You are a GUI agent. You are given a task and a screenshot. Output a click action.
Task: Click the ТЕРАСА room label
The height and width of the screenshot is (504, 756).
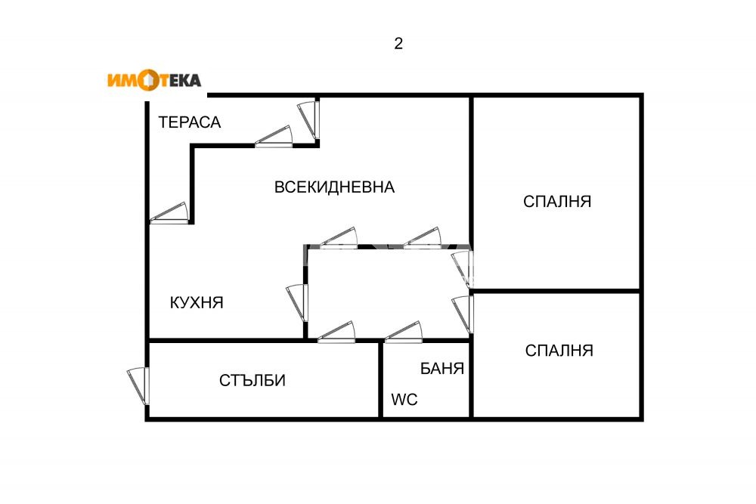[190, 122]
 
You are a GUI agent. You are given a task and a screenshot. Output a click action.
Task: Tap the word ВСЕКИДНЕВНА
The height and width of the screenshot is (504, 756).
[334, 187]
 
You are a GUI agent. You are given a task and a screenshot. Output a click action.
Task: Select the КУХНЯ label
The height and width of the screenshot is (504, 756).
[197, 302]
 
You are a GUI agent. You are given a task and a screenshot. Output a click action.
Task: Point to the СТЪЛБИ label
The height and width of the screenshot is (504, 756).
[253, 380]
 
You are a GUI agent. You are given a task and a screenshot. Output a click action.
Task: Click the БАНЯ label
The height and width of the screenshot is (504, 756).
[442, 369]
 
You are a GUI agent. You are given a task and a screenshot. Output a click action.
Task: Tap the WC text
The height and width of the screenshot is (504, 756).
[404, 400]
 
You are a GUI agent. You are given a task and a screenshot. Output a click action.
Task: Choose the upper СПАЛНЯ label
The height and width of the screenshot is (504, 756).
[557, 202]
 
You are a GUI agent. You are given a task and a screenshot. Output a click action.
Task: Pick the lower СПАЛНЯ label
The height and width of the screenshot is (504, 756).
[559, 351]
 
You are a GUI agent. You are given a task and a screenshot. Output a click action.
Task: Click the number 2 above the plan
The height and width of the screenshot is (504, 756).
[398, 44]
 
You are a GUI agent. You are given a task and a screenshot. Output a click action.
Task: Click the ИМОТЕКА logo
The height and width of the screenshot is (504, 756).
[153, 80]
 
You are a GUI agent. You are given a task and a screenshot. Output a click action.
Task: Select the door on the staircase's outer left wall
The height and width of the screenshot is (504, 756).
[139, 385]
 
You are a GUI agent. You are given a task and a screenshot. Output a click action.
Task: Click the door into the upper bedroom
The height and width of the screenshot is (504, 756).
[462, 269]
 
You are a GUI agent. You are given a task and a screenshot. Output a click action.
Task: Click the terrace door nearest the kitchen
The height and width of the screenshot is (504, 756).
[169, 214]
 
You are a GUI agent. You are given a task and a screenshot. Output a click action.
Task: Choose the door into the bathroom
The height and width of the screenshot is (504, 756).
[403, 332]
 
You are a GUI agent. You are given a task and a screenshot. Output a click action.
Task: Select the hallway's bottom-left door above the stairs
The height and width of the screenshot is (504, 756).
[336, 332]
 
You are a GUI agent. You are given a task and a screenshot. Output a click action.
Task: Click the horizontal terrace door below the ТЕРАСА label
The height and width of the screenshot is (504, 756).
[274, 136]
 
